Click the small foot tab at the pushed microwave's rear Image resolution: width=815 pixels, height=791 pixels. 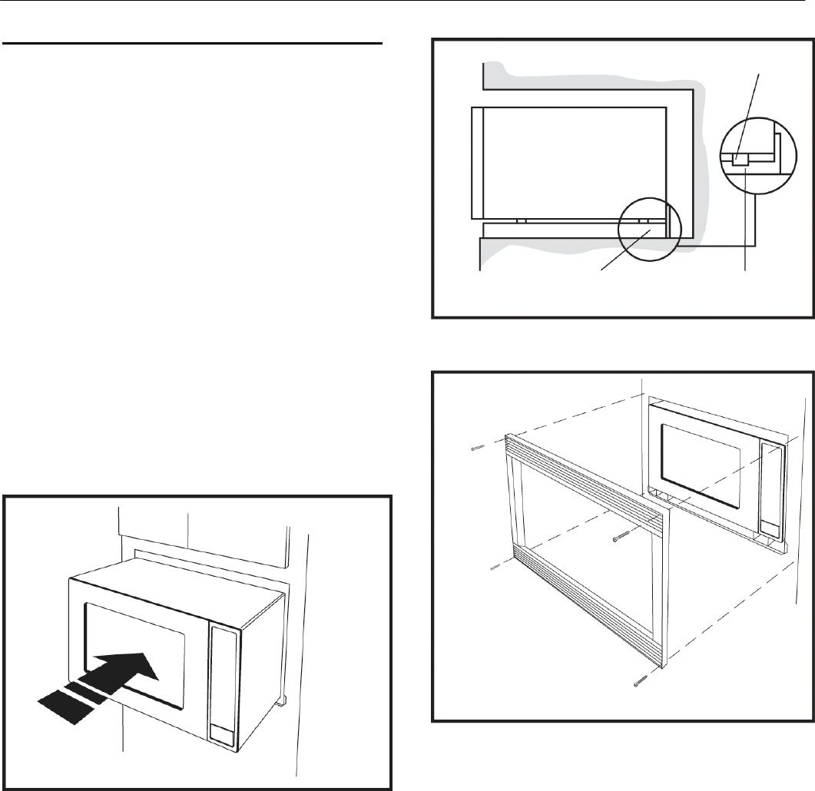[280, 700]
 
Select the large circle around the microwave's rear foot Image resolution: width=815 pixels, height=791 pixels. [648, 228]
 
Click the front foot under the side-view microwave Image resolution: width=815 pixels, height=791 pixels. [522, 221]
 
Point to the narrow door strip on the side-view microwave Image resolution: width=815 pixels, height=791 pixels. [477, 163]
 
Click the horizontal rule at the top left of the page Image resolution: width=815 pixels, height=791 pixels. [193, 44]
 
